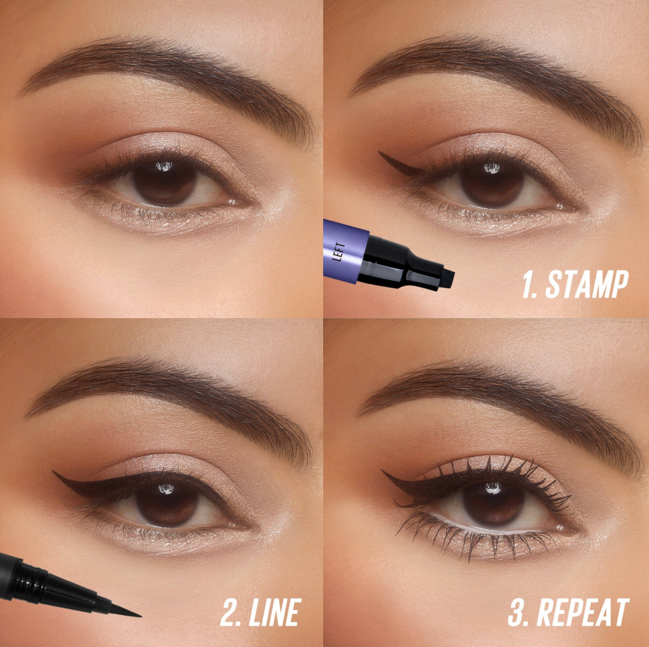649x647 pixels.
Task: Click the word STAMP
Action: [587, 285]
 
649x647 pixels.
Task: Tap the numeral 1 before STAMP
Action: [529, 285]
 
